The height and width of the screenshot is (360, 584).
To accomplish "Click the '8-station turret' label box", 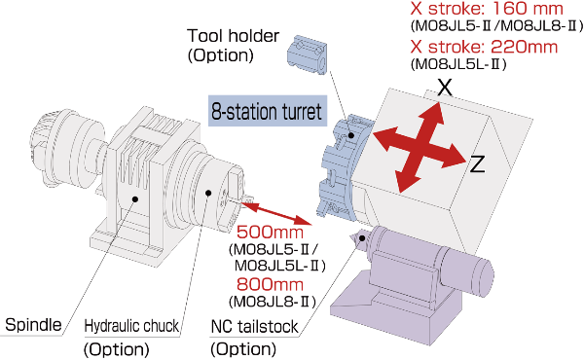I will [x=264, y=110].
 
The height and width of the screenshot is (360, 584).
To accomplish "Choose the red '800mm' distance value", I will [x=270, y=284].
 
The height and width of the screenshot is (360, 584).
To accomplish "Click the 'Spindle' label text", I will [x=33, y=324].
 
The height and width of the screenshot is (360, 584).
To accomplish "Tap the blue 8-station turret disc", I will [x=341, y=165].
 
